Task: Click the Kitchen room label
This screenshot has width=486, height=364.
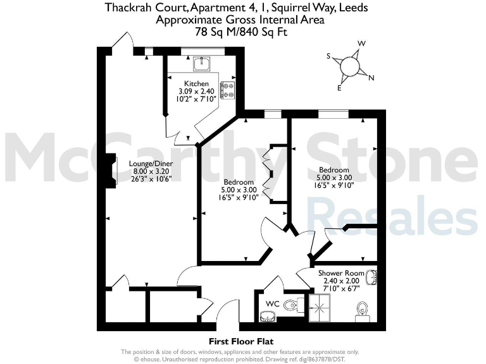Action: [x=196, y=83]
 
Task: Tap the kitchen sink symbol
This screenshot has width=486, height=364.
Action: [x=202, y=62]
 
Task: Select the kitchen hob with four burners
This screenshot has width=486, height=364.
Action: [x=227, y=90]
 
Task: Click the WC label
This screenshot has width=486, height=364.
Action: [x=271, y=305]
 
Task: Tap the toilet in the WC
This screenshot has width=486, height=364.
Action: [x=290, y=306]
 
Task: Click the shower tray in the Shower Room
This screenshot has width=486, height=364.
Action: [x=323, y=308]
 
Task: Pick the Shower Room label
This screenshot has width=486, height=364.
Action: [x=342, y=273]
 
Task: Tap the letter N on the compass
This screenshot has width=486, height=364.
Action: [x=371, y=78]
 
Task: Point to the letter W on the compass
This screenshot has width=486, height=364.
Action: [x=361, y=44]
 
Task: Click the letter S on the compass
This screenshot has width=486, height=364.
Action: [x=328, y=56]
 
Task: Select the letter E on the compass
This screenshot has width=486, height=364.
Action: [x=339, y=88]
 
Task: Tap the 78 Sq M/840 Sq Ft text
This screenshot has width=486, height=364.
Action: [x=241, y=30]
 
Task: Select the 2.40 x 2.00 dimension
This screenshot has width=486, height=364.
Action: [x=342, y=281]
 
